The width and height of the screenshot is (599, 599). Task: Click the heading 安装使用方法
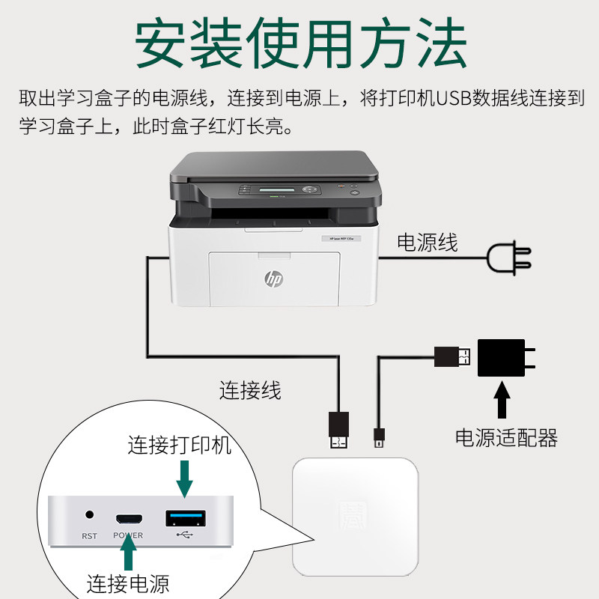[x=299, y=43]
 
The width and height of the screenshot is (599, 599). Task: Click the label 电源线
[x=427, y=242]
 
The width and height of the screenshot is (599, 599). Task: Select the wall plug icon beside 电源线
[x=509, y=258]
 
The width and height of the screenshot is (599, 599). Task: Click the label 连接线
[x=250, y=389]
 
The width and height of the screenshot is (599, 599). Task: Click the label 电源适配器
[x=507, y=437]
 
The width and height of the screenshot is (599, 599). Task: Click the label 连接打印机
[x=180, y=446]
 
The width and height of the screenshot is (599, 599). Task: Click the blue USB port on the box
[x=183, y=517]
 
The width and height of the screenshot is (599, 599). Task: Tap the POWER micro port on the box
[x=128, y=519]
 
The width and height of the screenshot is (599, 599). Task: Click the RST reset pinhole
[x=91, y=516]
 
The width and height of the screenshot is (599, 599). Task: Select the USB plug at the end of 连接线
[x=338, y=431]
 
